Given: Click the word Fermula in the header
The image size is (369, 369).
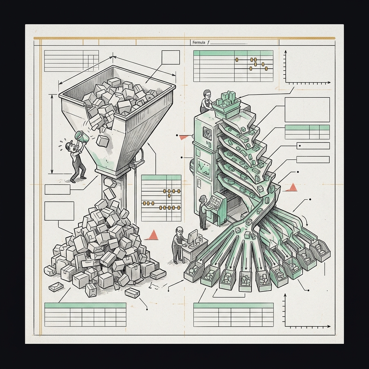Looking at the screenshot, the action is (199, 43).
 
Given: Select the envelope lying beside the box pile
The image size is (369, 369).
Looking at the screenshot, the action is (56, 287).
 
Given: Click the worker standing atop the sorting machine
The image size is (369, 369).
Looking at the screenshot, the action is (206, 101).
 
